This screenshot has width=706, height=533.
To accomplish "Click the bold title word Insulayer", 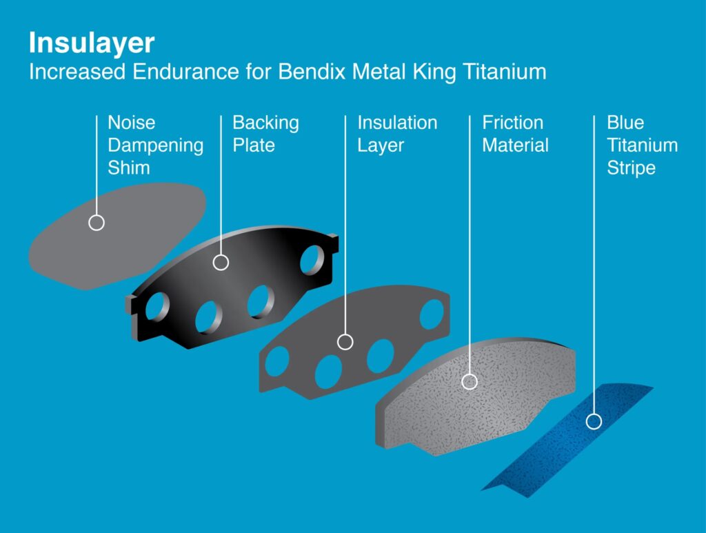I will point(91,43).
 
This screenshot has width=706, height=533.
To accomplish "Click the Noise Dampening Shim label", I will point(155,145).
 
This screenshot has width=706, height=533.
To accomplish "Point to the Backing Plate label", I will point(265,134).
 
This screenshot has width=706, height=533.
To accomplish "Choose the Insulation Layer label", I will point(397,134).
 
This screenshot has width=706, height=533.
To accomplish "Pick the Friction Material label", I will point(515,134).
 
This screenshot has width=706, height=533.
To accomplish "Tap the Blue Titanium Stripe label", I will point(642,145).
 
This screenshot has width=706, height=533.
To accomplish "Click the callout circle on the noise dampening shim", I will point(97,223).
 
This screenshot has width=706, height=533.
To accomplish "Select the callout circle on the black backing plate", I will point(221,262).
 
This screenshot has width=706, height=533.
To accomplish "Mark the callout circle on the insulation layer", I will point(345,341).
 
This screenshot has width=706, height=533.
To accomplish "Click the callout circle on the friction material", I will point(470,381).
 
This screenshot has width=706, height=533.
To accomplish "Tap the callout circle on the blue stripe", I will point(594,421).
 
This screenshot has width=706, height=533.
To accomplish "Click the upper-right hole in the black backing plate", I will point(311,260).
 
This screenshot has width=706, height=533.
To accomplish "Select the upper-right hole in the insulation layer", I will point(432,313).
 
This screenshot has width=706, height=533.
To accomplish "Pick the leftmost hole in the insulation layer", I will point(277,361).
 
